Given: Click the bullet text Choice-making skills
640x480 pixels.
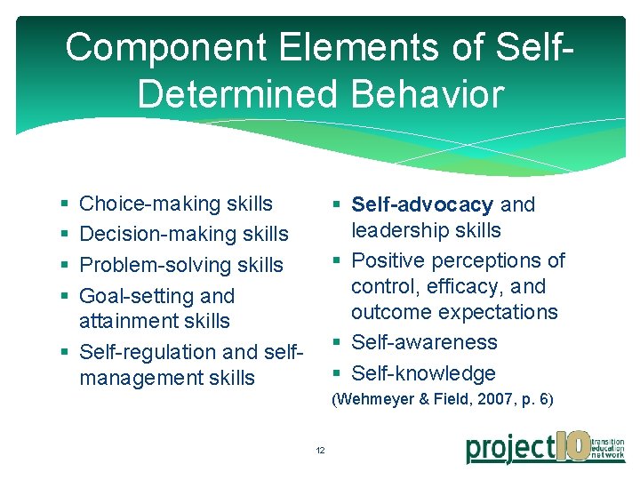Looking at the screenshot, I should (176, 204).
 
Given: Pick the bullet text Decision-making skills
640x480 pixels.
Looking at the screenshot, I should (184, 234).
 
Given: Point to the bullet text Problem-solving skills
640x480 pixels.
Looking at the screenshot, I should (181, 265).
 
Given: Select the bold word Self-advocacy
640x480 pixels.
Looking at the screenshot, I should (422, 204).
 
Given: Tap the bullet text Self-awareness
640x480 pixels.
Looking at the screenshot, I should (424, 342).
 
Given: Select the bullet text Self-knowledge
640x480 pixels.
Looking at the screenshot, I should (423, 373).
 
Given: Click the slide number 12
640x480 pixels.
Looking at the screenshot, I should (320, 450).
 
